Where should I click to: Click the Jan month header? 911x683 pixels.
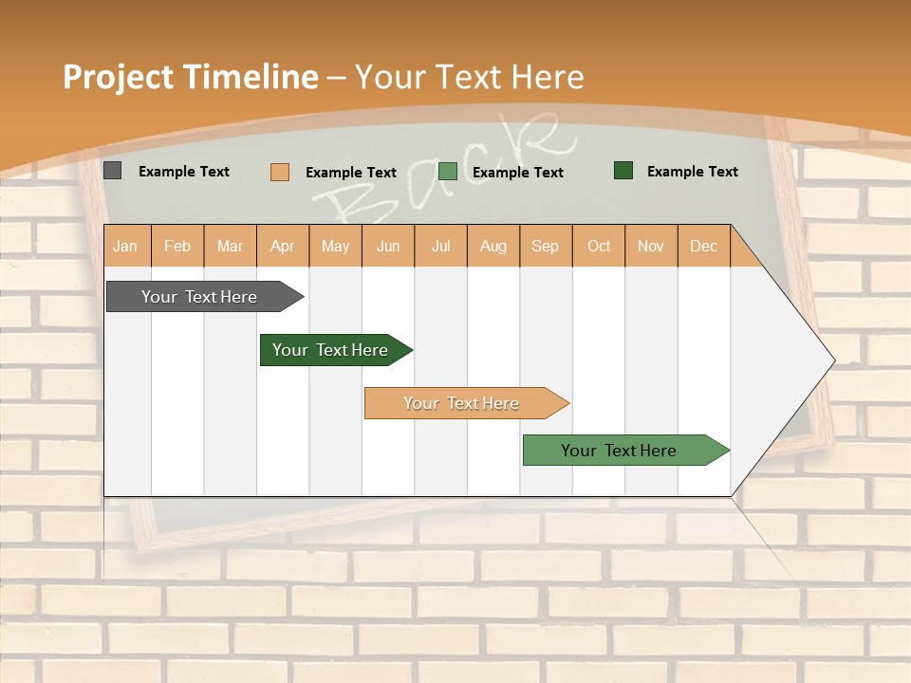pyautogui.click(x=125, y=246)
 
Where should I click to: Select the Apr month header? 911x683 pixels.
pyautogui.click(x=283, y=246)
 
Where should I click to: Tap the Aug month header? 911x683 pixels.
pyautogui.click(x=493, y=246)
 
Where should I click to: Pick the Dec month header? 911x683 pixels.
pyautogui.click(x=703, y=246)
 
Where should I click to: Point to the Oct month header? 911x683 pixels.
pyautogui.click(x=599, y=246)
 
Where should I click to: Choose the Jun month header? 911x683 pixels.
pyautogui.click(x=388, y=246)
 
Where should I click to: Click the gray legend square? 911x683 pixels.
pyautogui.click(x=113, y=171)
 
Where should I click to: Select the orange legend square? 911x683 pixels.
pyautogui.click(x=280, y=172)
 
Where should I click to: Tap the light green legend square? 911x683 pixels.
pyautogui.click(x=448, y=172)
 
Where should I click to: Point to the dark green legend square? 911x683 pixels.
pyautogui.click(x=623, y=171)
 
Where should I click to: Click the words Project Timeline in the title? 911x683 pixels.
pyautogui.click(x=190, y=77)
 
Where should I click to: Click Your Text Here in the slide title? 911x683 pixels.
pyautogui.click(x=470, y=77)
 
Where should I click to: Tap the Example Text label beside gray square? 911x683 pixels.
pyautogui.click(x=184, y=172)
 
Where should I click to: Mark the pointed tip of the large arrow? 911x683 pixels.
pyautogui.click(x=833, y=360)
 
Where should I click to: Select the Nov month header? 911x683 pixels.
pyautogui.click(x=651, y=246)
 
